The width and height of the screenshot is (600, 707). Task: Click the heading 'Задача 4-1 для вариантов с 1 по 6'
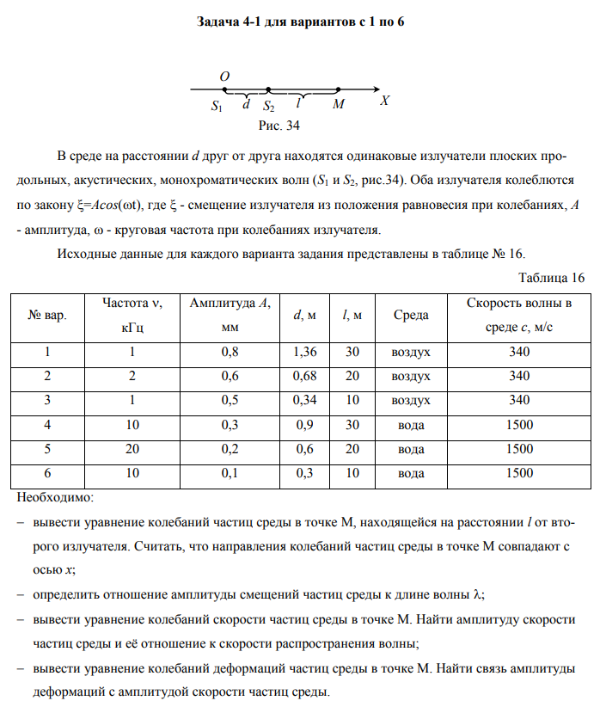(300, 22)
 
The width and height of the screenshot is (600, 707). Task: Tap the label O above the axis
(225, 77)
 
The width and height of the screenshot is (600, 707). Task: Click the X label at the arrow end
(386, 101)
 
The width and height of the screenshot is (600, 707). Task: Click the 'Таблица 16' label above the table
(552, 277)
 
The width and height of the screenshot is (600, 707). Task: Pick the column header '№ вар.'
(48, 317)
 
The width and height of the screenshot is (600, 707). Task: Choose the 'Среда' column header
(411, 317)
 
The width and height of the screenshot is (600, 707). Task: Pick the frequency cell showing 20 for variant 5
(132, 448)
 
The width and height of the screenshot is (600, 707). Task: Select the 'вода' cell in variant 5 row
(411, 448)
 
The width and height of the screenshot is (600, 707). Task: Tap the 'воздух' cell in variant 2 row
(411, 376)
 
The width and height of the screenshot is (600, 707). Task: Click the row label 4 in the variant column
(48, 424)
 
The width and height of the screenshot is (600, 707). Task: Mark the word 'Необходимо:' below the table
(57, 496)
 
